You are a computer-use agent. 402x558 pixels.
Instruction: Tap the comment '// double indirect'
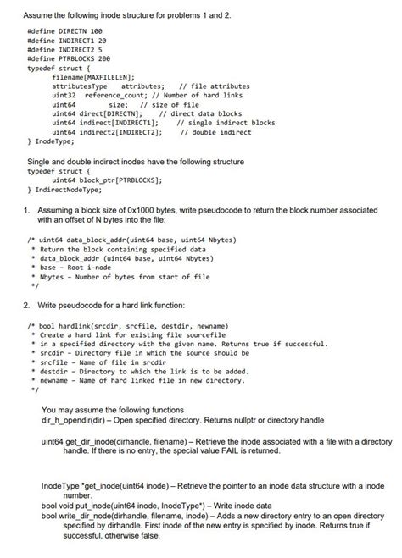click(x=213, y=132)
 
